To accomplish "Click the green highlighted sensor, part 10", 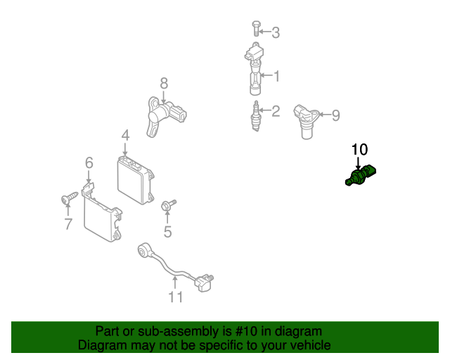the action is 361,175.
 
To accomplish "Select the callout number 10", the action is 359,150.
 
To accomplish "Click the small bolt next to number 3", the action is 256,28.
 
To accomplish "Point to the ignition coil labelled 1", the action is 255,69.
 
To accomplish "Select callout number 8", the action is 164,84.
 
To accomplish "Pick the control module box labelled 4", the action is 136,179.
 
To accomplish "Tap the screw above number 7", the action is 70,198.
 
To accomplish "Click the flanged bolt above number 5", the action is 168,205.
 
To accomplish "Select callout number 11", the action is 175,297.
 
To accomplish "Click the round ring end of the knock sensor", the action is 143,249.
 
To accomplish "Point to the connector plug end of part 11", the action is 204,283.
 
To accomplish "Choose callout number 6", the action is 89,163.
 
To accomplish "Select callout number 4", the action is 125,136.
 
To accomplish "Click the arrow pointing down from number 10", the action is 358,163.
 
